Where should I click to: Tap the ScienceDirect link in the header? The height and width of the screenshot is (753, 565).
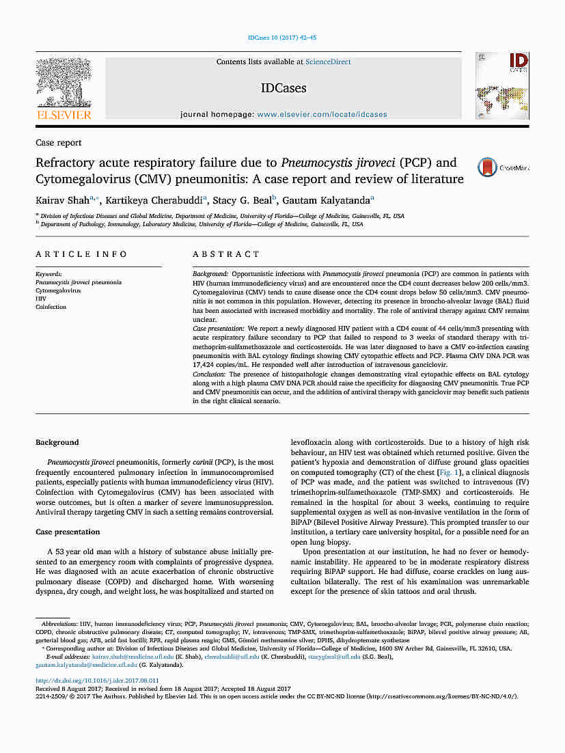coord(328,62)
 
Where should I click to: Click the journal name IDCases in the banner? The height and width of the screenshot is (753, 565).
coord(284,88)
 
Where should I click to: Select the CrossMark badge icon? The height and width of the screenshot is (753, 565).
coord(487,167)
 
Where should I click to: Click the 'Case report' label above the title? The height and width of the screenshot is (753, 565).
coord(59,143)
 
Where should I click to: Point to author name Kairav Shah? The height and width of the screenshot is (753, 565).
coord(63,200)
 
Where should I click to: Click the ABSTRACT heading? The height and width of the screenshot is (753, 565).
coord(226,254)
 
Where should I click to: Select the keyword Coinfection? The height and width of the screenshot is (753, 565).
coord(51,307)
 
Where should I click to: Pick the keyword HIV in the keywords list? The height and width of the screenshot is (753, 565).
coord(41,299)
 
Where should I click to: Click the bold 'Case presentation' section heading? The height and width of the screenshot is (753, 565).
coord(68,532)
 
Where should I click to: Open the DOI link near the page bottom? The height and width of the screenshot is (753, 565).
coord(97,681)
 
